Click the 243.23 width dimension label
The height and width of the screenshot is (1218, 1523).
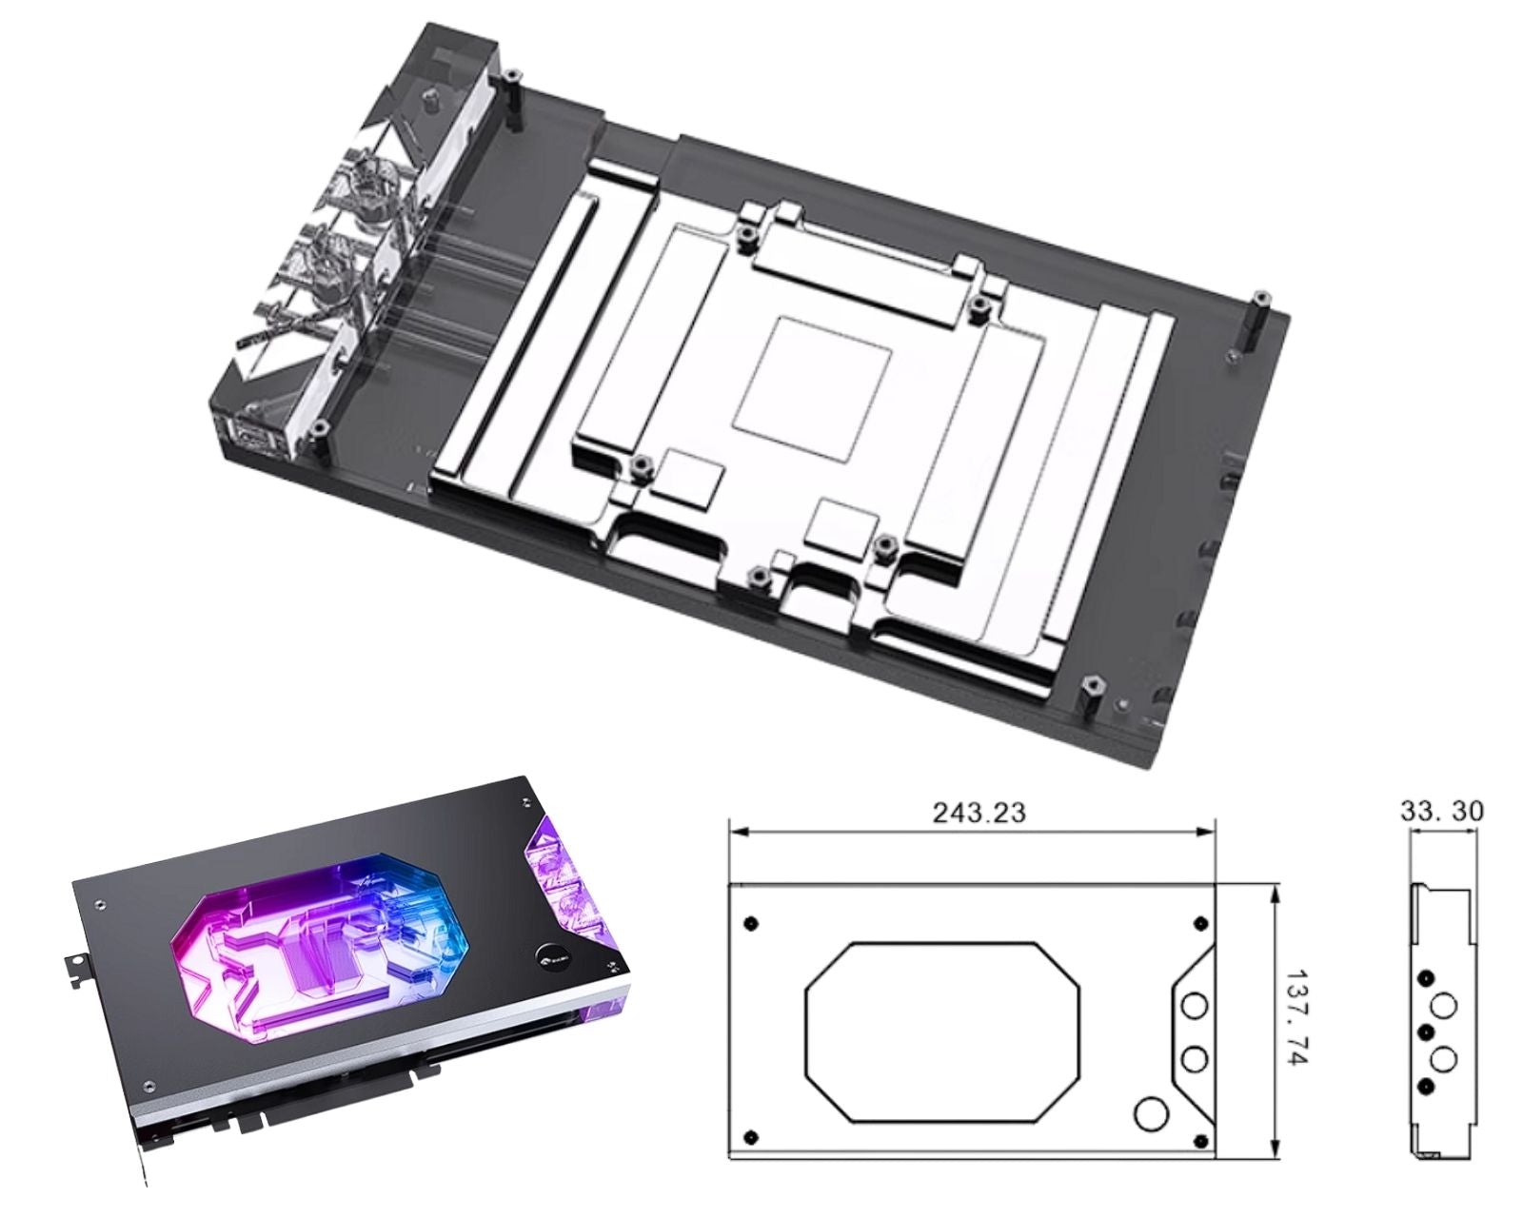click(979, 814)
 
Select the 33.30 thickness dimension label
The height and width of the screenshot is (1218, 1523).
click(1442, 811)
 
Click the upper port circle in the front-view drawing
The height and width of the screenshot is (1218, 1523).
click(1195, 1006)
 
